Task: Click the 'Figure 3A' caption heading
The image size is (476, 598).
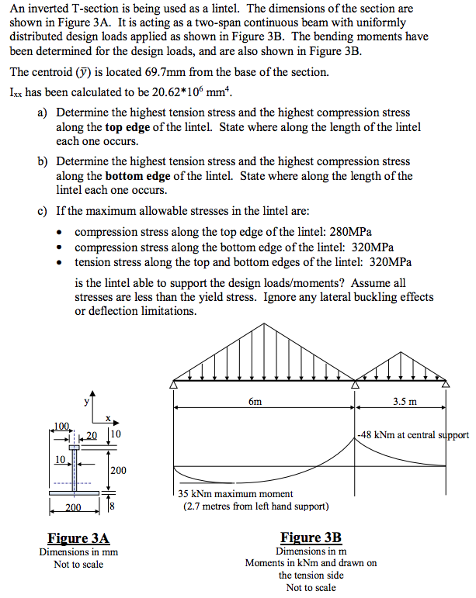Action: [x=78, y=538]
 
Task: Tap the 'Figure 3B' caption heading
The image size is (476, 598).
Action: [x=311, y=538]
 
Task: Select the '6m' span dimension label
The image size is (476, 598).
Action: [x=255, y=401]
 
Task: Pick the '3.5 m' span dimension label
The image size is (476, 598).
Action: [x=405, y=401]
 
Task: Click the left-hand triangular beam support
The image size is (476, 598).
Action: [x=174, y=383]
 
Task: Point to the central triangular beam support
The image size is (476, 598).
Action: [x=356, y=383]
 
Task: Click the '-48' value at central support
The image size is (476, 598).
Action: [x=367, y=435]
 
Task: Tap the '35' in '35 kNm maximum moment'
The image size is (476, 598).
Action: [x=184, y=494]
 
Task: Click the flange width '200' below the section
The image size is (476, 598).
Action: [x=72, y=509]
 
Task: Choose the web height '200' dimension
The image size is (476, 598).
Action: [x=118, y=471]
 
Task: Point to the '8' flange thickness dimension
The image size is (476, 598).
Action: [x=113, y=507]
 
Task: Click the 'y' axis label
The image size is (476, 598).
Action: [x=86, y=401]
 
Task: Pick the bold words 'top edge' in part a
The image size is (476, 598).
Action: [x=129, y=127]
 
